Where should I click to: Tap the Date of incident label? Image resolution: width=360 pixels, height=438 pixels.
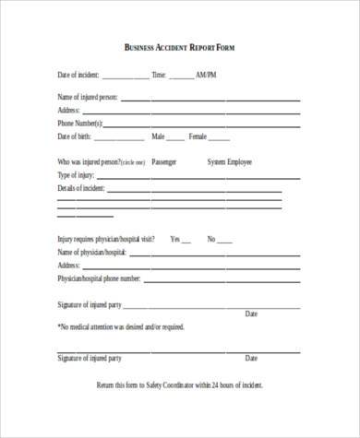78,75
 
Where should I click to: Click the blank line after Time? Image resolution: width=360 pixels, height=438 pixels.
181,77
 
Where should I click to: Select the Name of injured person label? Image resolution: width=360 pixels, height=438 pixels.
88,97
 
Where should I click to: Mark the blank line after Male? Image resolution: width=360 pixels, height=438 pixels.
175,137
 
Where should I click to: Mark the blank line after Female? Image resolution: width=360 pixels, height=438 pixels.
219,137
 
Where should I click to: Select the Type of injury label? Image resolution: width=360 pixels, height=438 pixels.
78,174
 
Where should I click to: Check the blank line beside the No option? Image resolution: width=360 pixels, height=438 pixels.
225,240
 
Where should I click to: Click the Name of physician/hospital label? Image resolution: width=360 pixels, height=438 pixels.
91,251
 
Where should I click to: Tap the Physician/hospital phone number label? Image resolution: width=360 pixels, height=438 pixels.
99,277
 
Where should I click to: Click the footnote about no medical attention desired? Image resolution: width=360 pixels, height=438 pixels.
122,326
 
